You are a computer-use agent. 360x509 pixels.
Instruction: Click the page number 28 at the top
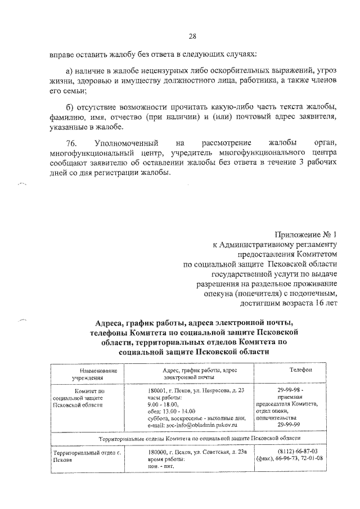192,37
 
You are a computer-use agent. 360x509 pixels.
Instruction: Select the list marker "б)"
70,106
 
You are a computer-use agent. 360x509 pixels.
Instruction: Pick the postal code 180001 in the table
159,390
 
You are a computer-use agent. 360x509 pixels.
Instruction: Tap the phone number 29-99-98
289,390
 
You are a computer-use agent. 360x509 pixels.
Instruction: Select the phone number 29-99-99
289,425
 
